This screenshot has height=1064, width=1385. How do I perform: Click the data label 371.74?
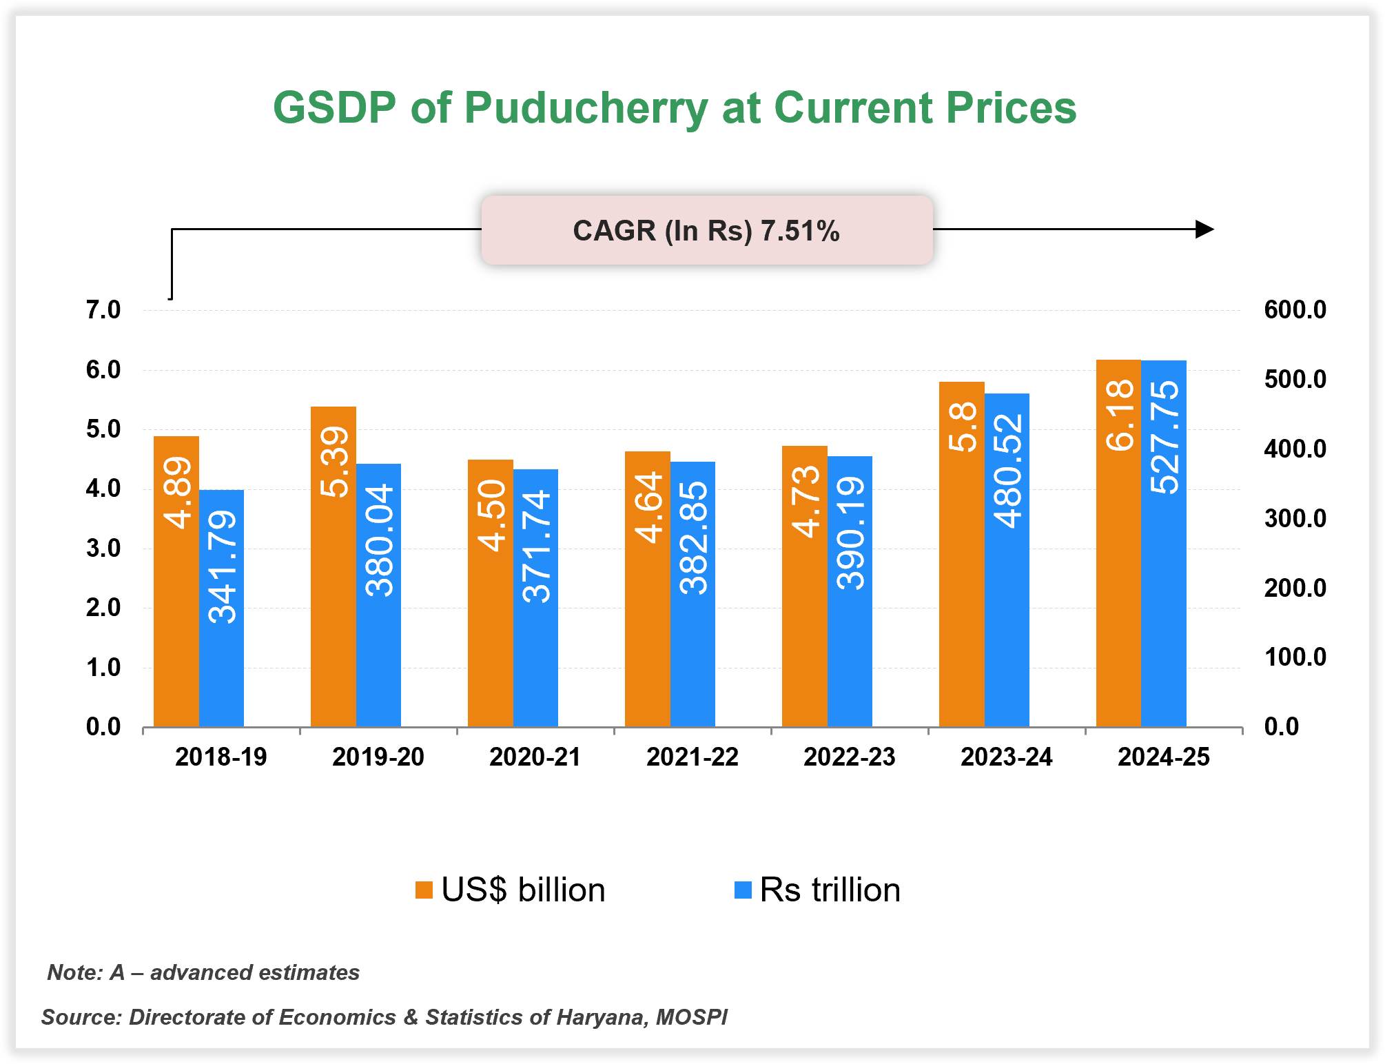coord(536,546)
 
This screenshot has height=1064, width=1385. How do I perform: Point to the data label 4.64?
coord(648,508)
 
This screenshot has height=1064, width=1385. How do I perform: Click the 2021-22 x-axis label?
coord(692,757)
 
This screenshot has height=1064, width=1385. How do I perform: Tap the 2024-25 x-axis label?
coord(1163,757)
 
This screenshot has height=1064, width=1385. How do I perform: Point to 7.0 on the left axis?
coord(103,310)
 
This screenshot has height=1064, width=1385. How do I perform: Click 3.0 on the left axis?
coord(103,549)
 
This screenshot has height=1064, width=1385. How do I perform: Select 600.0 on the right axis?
coord(1295,310)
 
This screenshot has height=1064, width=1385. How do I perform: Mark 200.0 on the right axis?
coord(1295,588)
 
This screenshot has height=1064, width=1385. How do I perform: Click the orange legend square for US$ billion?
coord(424,890)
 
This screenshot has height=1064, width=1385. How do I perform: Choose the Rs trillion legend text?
coord(830,890)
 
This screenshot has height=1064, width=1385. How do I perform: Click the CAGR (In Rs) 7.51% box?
coord(706,230)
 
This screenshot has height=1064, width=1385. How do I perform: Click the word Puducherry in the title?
coord(586,108)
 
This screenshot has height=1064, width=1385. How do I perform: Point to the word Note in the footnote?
coord(74,972)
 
